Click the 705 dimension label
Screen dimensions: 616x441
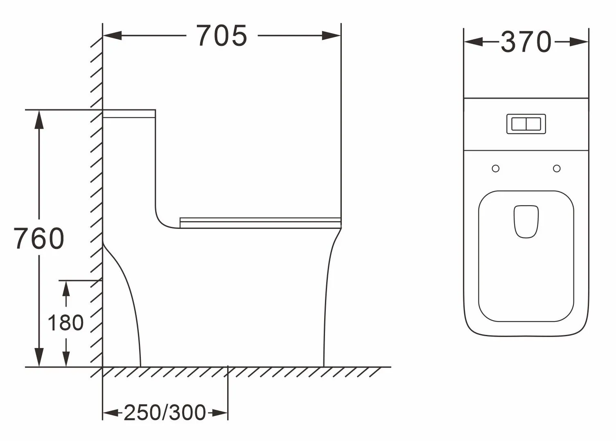pos(222,36)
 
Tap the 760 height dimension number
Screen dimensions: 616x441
pos(39,238)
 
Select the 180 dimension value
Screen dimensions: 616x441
pos(65,322)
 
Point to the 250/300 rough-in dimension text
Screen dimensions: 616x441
pos(165,413)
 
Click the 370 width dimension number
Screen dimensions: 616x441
pos(526,42)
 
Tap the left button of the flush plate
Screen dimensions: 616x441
pos(519,124)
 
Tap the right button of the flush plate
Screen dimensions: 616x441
pos(534,124)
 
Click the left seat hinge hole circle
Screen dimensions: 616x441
pos(496,168)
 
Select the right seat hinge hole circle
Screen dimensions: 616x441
pos(557,168)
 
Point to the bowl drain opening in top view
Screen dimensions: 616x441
pos(526,222)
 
